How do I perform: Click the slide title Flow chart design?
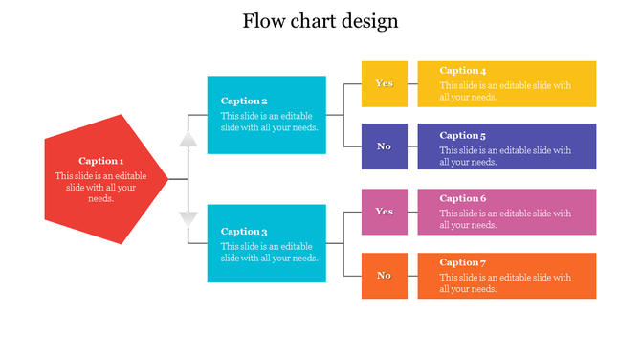tap(320, 21)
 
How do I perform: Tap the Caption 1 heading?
tap(101, 161)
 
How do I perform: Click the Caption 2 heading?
tap(244, 101)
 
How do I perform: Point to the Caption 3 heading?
tap(244, 231)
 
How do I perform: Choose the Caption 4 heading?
tap(463, 71)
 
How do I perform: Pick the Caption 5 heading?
tap(463, 135)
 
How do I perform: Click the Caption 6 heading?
tap(463, 198)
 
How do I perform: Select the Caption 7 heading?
tap(463, 262)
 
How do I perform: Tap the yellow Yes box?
tap(384, 83)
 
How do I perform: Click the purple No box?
tap(384, 146)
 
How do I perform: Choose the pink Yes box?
tap(384, 212)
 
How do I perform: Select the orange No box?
tap(384, 276)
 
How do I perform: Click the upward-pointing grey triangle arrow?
tap(188, 139)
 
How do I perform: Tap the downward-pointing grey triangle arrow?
tap(188, 218)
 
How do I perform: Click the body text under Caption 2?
tap(270, 122)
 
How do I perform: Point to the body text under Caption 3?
tap(270, 252)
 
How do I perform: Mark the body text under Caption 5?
tap(505, 156)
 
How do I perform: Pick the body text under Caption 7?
tap(505, 283)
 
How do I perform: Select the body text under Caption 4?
tap(505, 91)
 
